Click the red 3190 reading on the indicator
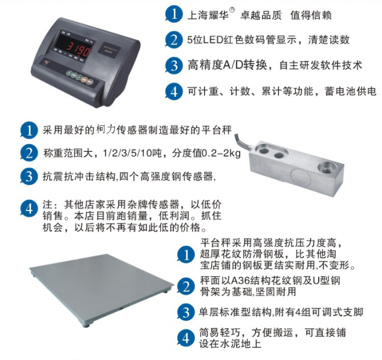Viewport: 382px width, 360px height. pyautogui.click(x=79, y=49)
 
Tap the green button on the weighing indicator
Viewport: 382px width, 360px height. pyautogui.click(x=70, y=73)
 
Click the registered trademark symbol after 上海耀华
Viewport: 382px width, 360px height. pyautogui.click(x=232, y=10)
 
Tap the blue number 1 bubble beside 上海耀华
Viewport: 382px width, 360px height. pyautogui.click(x=173, y=14)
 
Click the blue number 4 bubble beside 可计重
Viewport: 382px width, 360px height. pyautogui.click(x=173, y=92)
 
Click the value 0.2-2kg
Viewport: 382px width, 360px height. pyautogui.click(x=221, y=153)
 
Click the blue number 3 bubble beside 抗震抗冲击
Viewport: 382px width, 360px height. pyautogui.click(x=29, y=176)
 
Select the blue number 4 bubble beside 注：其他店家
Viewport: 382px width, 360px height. pyautogui.click(x=29, y=209)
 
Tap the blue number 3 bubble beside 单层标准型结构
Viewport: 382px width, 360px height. pyautogui.click(x=186, y=313)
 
